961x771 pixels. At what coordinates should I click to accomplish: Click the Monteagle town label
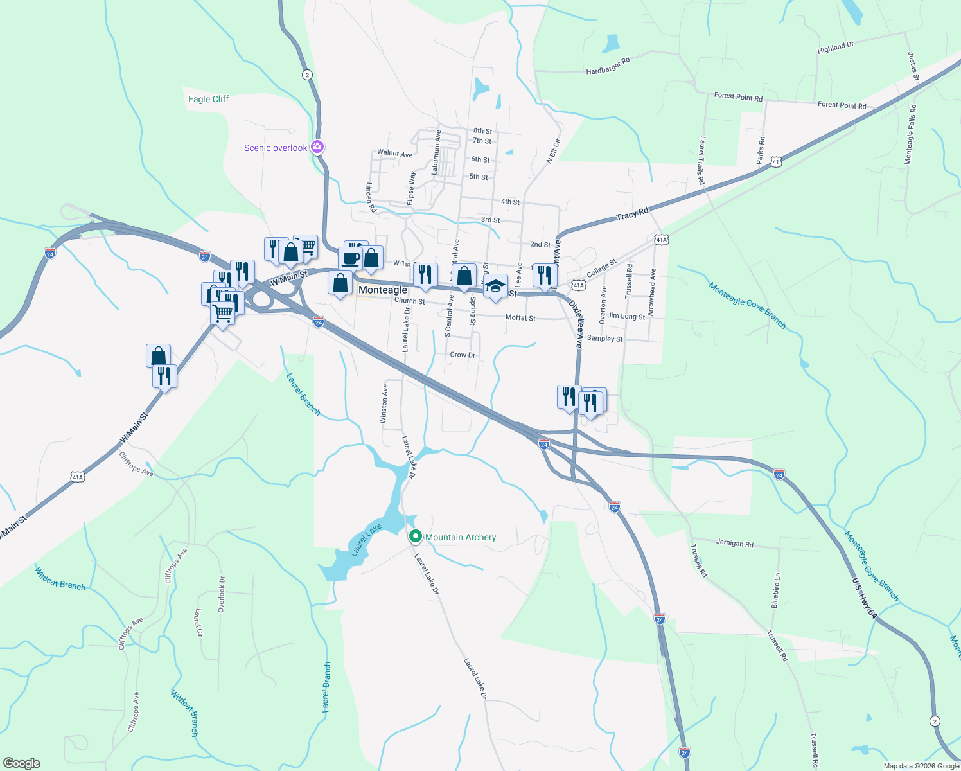[x=382, y=290]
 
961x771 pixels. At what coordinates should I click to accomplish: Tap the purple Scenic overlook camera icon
[x=317, y=147]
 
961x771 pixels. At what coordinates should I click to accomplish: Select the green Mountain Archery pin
[x=416, y=536]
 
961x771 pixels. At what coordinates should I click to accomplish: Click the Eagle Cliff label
[x=208, y=99]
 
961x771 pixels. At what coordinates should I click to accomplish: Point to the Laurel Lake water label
[x=366, y=540]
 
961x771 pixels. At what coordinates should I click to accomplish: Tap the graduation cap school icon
[x=495, y=287]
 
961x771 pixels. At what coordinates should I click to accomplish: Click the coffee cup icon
[x=351, y=258]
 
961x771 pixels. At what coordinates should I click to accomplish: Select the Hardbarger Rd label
[x=608, y=66]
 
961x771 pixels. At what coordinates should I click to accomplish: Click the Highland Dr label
[x=835, y=48]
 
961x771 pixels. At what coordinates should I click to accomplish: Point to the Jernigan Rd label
[x=734, y=543]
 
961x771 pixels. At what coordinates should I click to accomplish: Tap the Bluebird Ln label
[x=775, y=590]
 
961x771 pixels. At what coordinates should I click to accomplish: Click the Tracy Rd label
[x=632, y=213]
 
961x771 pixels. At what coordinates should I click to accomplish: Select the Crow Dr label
[x=463, y=355]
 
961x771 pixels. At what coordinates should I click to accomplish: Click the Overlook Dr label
[x=222, y=594]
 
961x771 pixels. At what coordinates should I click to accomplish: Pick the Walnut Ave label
[x=394, y=154]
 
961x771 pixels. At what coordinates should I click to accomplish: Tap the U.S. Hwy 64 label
[x=864, y=598]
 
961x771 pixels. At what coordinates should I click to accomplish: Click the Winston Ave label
[x=384, y=403]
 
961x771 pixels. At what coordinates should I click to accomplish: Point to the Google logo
[x=22, y=763]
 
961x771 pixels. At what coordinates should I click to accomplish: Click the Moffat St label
[x=520, y=317]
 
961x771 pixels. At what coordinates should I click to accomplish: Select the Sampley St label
[x=604, y=339]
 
